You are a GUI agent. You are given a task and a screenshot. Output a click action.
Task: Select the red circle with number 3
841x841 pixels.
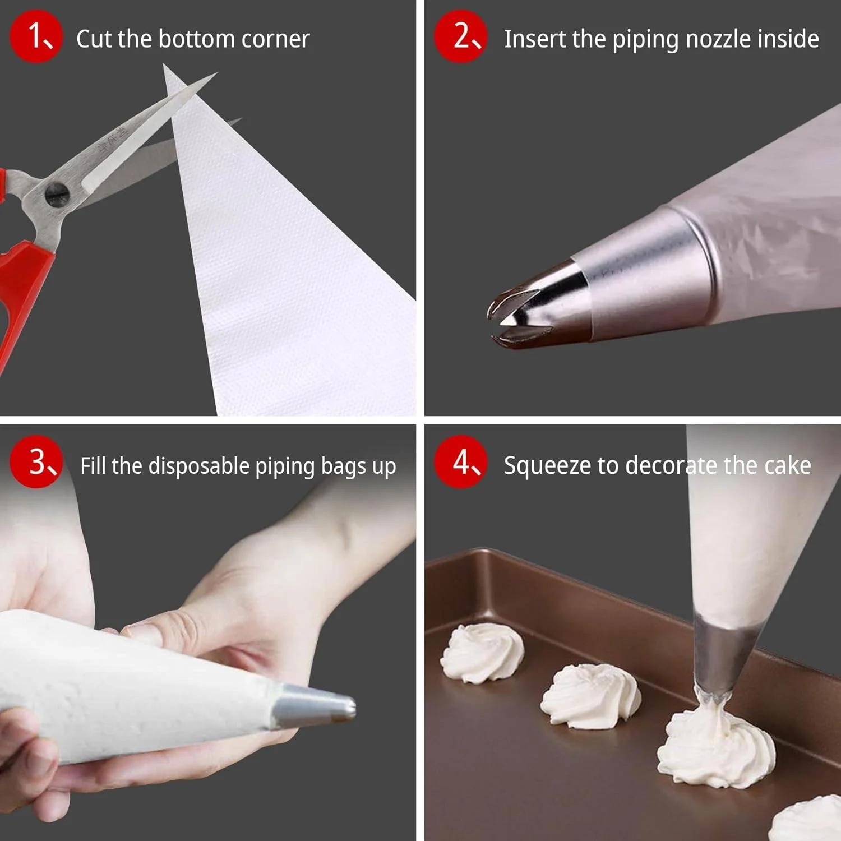tap(36, 461)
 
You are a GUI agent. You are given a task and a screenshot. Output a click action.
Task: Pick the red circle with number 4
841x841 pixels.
tap(461, 461)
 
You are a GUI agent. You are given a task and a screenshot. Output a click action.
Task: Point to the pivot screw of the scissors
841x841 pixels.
tap(56, 195)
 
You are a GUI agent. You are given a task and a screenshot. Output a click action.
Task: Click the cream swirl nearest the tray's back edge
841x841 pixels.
tap(482, 653)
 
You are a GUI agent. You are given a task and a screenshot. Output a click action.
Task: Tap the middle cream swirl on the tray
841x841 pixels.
tap(591, 695)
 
